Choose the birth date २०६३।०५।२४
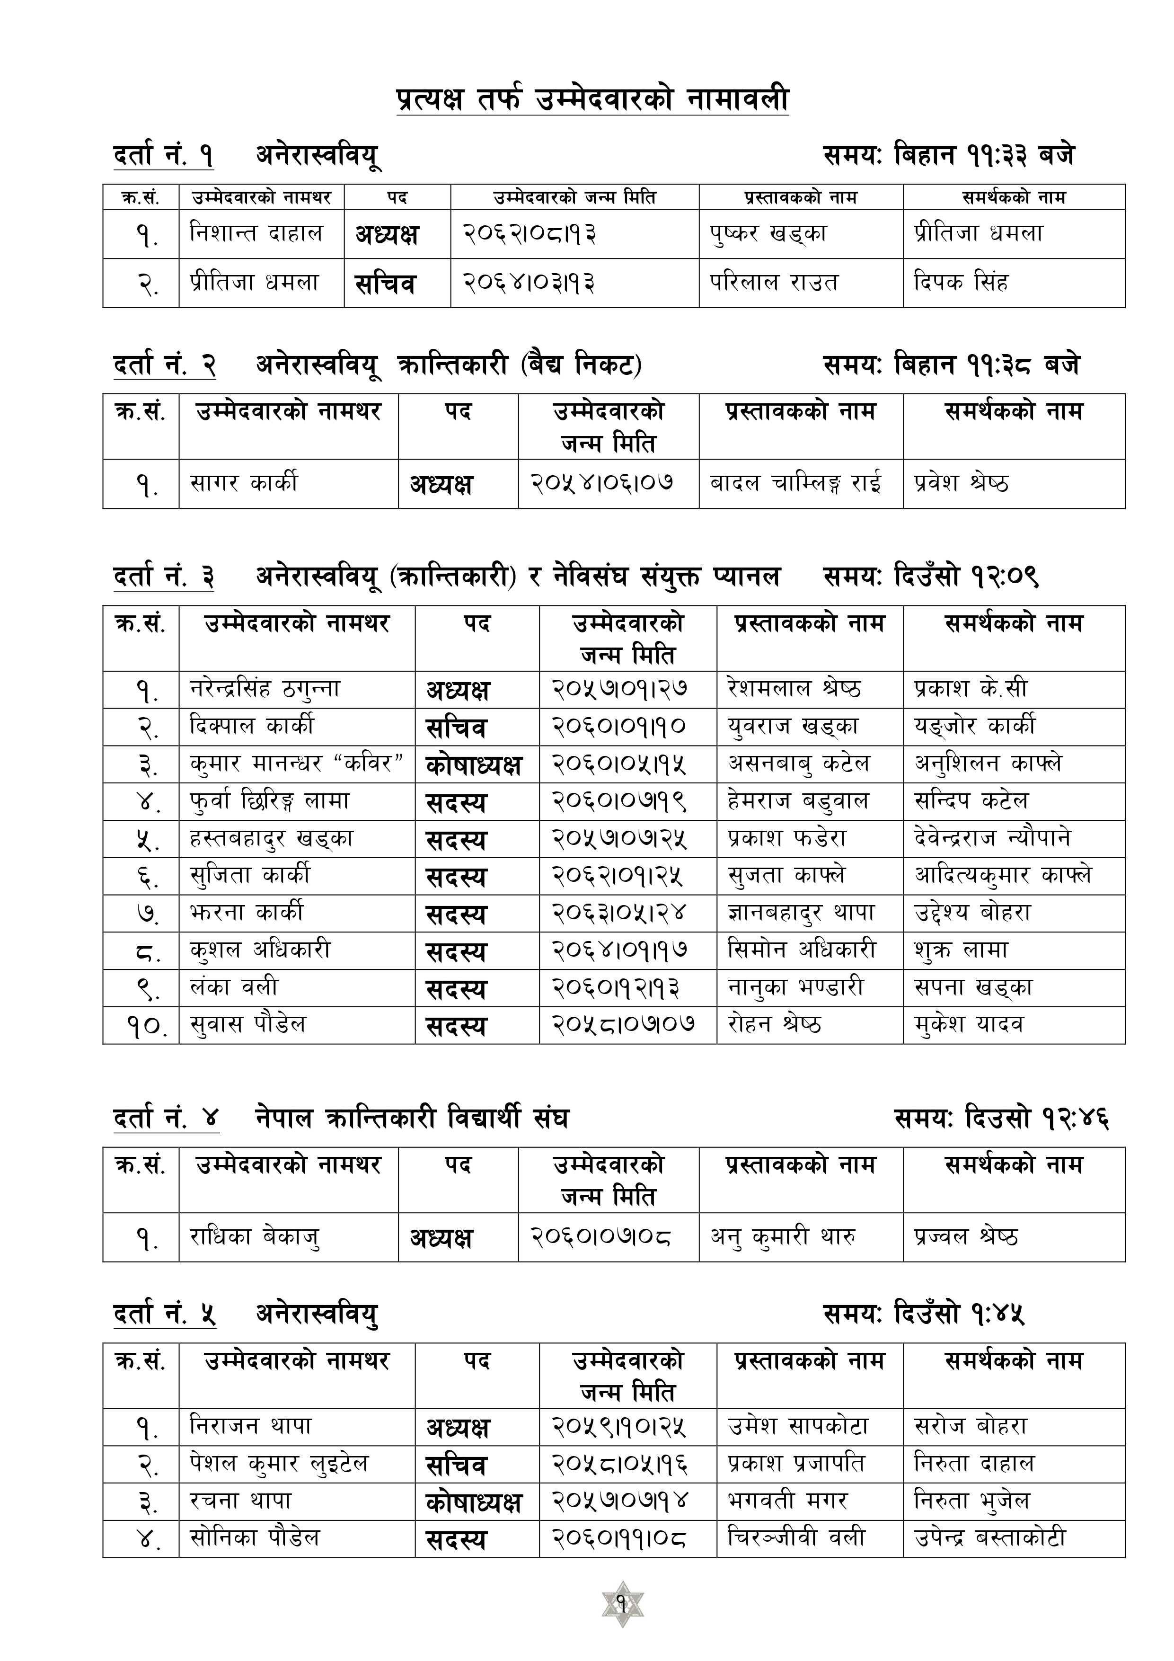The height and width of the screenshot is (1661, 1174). click(619, 913)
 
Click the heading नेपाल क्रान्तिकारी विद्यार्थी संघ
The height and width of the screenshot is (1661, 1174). click(412, 1119)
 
